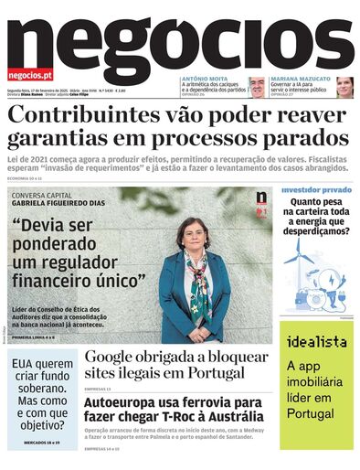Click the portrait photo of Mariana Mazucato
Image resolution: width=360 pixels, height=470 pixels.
coord(344,87)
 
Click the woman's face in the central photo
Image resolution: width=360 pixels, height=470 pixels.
coord(196,233)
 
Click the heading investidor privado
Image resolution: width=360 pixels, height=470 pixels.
coord(317,190)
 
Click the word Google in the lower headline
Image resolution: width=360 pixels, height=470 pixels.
coord(117,358)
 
